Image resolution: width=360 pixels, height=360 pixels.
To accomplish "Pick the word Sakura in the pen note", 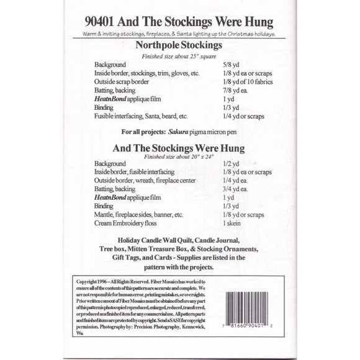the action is click(182, 132).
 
